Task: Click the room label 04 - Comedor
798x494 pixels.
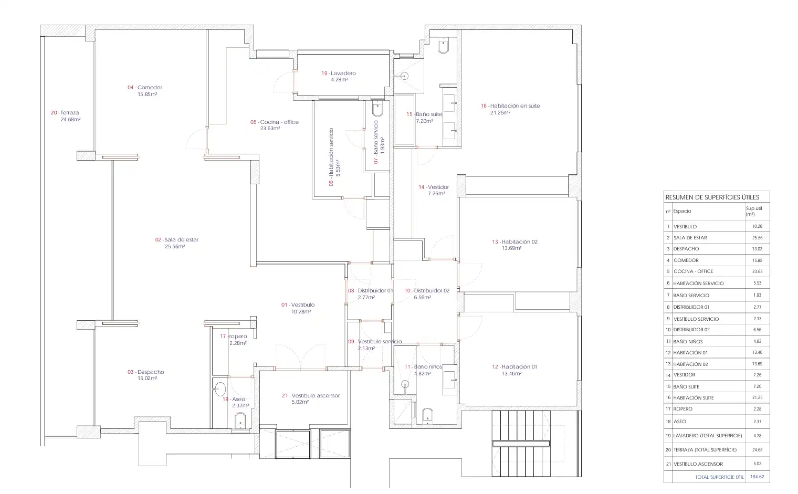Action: (145, 87)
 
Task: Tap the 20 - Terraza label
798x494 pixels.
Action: (65, 112)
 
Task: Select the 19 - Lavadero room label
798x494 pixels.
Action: (339, 73)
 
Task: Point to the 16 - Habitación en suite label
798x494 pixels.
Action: (510, 106)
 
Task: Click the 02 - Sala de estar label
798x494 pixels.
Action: (177, 240)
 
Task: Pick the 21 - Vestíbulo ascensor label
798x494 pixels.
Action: (311, 395)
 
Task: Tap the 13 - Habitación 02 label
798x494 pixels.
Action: (515, 242)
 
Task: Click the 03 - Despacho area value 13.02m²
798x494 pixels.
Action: (148, 379)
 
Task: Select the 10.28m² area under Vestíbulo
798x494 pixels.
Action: (301, 312)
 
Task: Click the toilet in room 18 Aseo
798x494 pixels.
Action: (240, 421)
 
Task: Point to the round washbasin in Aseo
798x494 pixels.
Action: (220, 389)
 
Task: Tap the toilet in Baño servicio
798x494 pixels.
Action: (377, 109)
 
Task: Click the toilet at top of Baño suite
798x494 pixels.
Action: (443, 46)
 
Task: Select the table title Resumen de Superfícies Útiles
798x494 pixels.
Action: (712, 197)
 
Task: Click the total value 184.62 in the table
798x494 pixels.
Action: (757, 477)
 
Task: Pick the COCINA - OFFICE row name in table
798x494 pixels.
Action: (693, 271)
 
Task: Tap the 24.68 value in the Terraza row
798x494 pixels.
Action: (758, 450)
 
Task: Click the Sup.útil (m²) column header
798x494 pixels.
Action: (754, 211)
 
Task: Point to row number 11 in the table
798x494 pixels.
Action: (668, 341)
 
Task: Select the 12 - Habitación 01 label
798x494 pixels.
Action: (514, 367)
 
